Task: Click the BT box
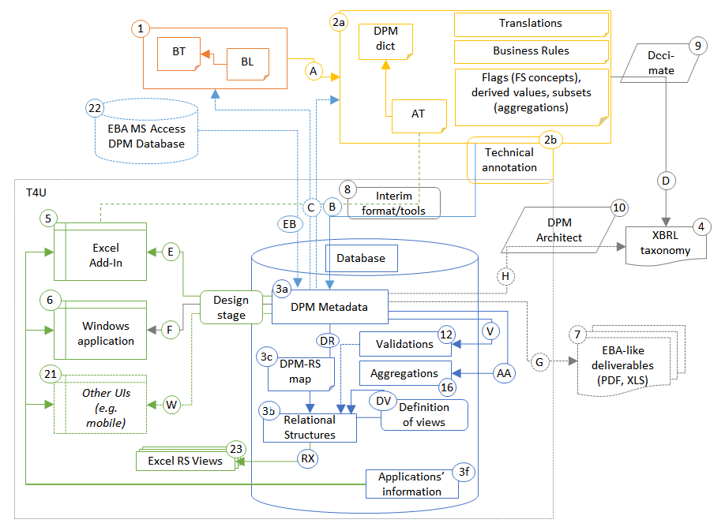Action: point(177,53)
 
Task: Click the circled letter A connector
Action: point(314,72)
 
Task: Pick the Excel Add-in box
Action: point(100,252)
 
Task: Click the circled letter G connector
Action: point(540,362)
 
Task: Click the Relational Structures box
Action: point(309,427)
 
